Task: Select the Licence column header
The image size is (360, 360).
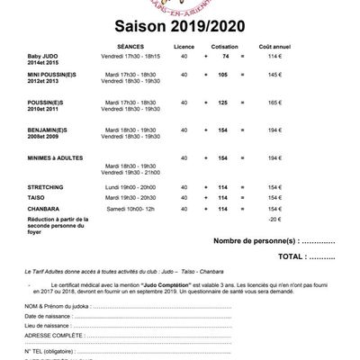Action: pyautogui.click(x=185, y=43)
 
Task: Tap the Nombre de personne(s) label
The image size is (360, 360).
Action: pyautogui.click(x=254, y=241)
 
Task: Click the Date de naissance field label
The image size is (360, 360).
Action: pyautogui.click(x=48, y=318)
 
